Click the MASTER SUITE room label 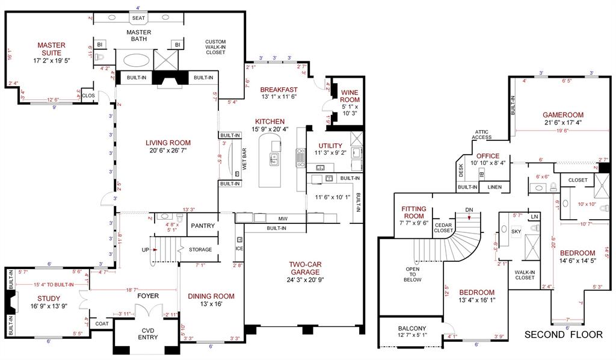pyautogui.click(x=51, y=45)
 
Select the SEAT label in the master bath pyautogui.click(x=138, y=18)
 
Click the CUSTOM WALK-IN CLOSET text pyautogui.click(x=215, y=46)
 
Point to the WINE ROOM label pyautogui.click(x=350, y=96)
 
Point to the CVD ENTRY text pyautogui.click(x=148, y=333)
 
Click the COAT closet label pyautogui.click(x=102, y=323)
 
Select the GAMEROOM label pyautogui.click(x=563, y=114)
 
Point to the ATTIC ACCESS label pyautogui.click(x=482, y=134)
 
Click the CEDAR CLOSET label pyautogui.click(x=443, y=227)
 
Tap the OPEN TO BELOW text pyautogui.click(x=413, y=275)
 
